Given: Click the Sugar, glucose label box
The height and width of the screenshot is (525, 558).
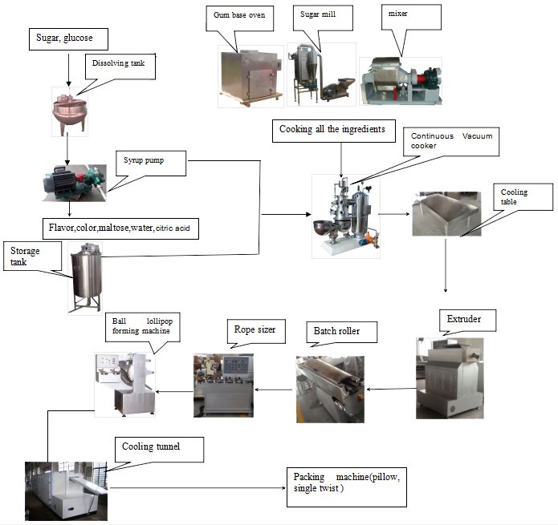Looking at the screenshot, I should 68,38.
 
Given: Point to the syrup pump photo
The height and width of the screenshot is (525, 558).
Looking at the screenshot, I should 74,180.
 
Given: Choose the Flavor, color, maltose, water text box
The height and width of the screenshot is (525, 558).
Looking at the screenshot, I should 121,228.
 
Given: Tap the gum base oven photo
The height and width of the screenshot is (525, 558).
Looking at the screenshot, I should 250,76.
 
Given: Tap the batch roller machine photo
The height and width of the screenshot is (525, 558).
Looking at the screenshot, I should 330,388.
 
